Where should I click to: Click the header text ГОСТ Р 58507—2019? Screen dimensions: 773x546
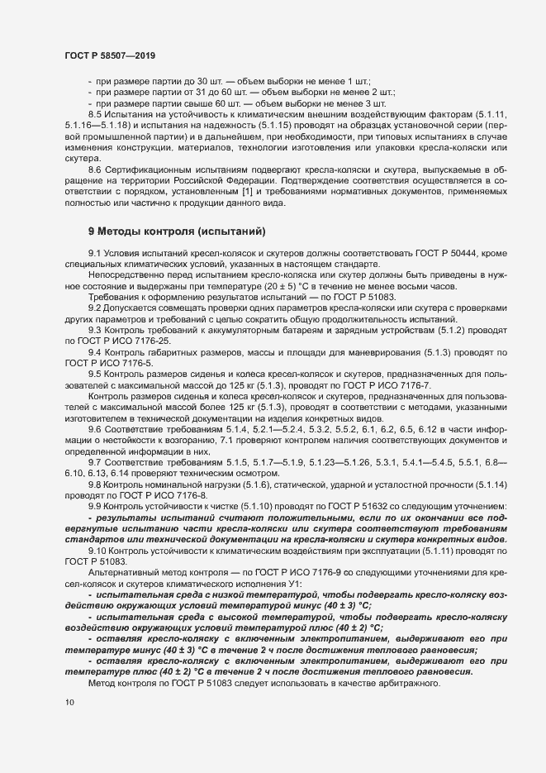(109, 55)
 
